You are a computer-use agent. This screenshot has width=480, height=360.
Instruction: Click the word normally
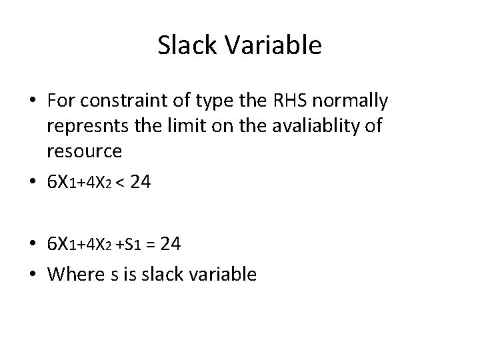356,101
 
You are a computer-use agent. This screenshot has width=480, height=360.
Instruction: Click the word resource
84,151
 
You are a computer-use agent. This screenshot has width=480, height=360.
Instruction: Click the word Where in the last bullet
75,274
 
